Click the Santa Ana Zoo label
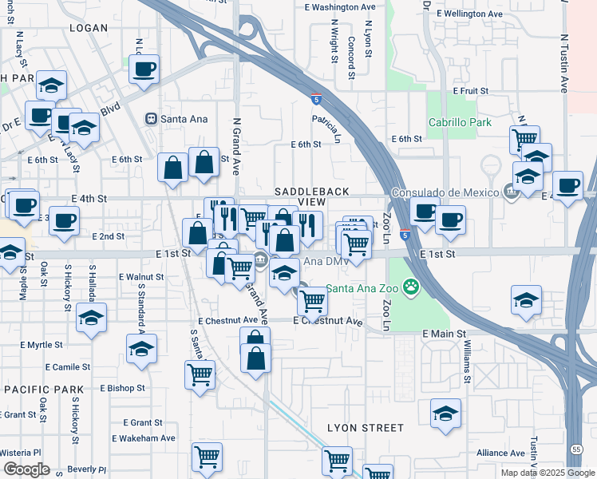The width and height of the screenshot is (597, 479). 362,288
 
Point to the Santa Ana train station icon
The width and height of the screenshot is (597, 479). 150,119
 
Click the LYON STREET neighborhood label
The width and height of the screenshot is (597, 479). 366,428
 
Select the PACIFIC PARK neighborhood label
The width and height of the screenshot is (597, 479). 43,390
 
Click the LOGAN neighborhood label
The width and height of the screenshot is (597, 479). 89,28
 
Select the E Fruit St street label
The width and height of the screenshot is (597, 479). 470,91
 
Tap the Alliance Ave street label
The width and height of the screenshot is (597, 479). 500,453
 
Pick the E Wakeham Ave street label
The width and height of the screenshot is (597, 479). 143,438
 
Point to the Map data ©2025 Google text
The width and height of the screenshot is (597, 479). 548,473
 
